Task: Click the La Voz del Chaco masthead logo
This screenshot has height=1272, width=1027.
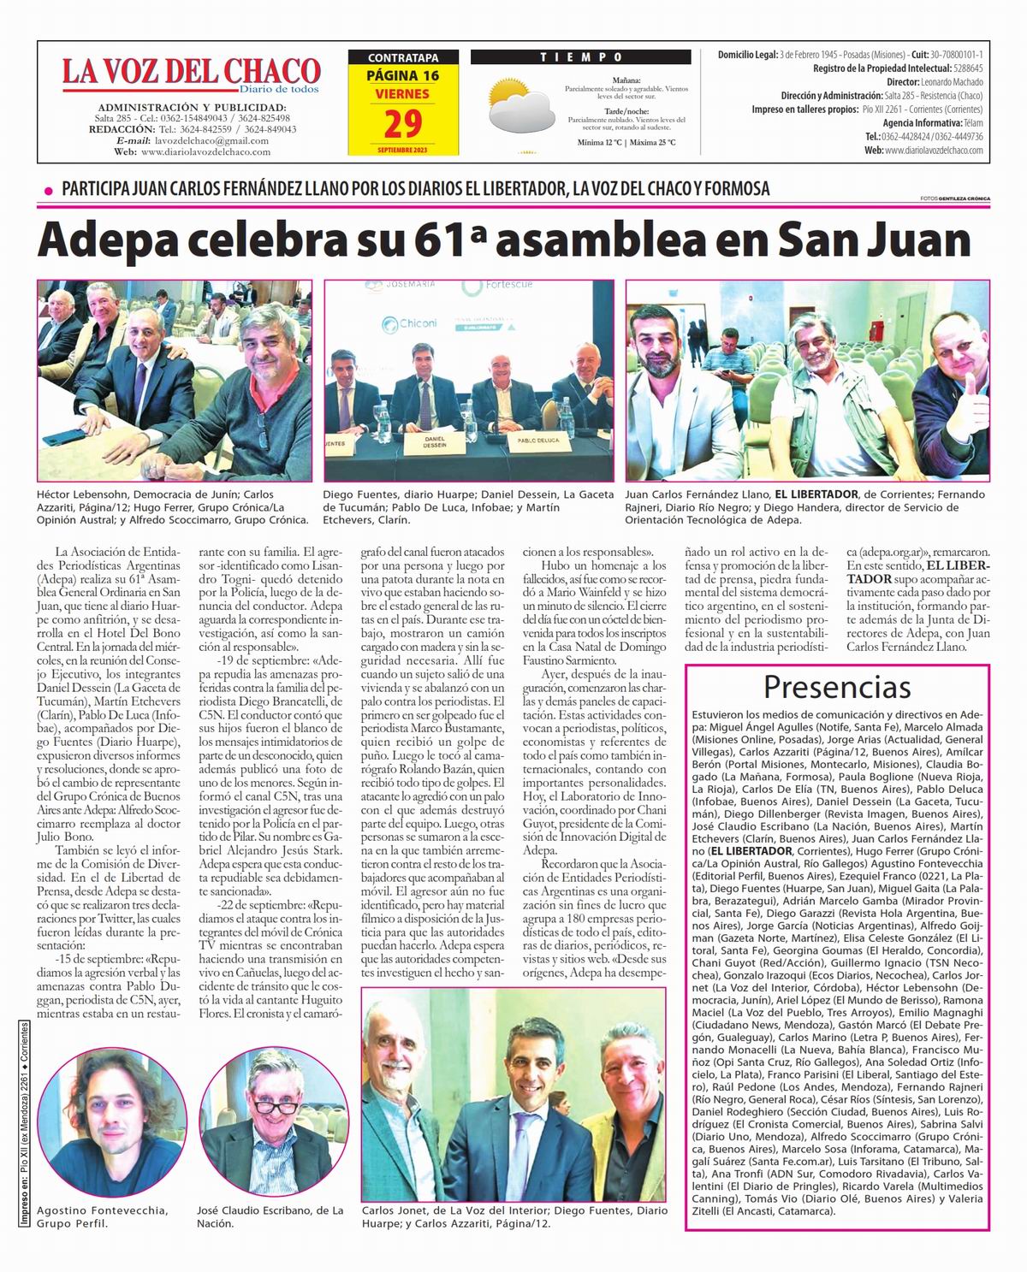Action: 190,74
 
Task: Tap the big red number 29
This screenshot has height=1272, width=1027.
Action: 402,124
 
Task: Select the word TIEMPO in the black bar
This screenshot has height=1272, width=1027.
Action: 580,57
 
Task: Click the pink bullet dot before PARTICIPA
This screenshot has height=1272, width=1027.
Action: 48,190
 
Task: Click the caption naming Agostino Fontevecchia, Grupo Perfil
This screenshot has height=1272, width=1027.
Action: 102,1216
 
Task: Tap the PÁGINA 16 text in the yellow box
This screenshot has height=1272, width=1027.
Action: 402,75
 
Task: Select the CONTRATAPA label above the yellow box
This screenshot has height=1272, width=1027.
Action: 402,58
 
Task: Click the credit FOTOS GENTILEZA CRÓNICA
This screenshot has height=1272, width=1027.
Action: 954,198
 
